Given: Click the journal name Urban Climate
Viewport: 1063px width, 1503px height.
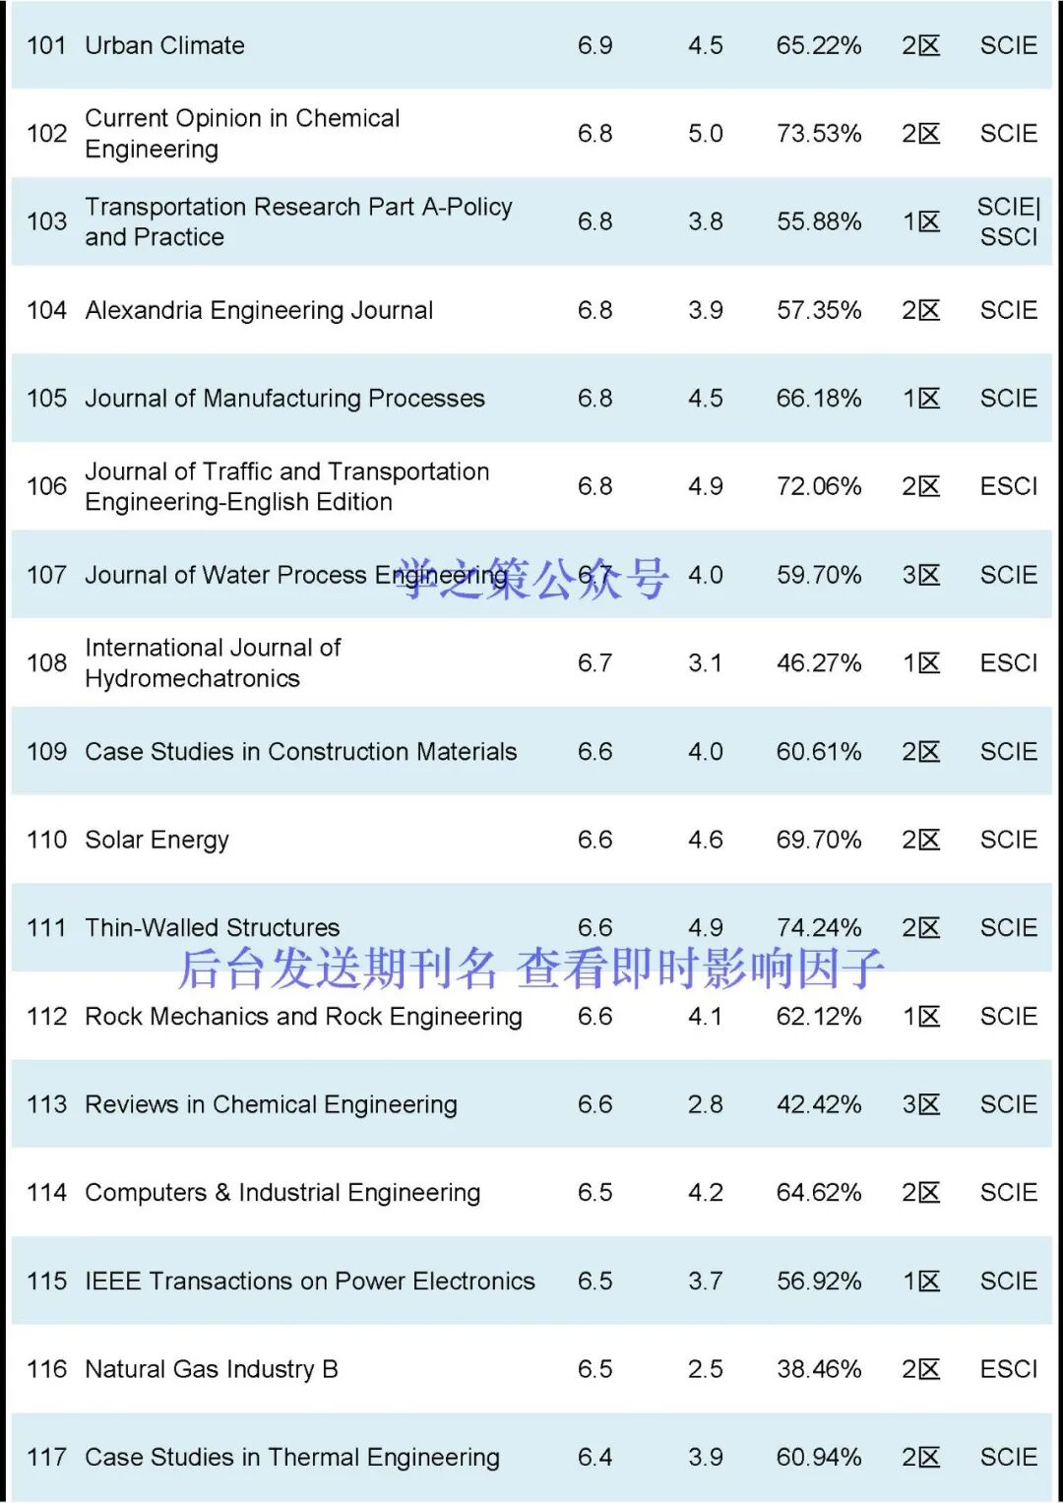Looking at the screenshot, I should point(164,45).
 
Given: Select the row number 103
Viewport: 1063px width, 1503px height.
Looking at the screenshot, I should point(46,221).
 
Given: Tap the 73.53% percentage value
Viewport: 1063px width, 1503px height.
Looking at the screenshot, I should point(818,133).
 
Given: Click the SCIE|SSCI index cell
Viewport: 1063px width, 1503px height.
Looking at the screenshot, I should point(1008,221).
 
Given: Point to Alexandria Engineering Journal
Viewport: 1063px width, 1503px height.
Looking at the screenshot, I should point(259,310).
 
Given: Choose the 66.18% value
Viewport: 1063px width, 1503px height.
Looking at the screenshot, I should point(818,398).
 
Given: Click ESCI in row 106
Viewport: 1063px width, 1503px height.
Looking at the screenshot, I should point(1008,486).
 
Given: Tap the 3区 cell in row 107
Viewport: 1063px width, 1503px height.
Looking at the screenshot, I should point(920,575).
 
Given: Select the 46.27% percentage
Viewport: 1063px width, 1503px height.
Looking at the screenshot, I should point(818,662).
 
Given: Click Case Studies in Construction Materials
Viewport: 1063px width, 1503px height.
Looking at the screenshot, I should point(300,751).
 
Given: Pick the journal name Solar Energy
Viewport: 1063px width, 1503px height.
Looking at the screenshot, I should point(156,840).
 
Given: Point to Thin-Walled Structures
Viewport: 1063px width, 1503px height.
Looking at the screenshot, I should point(212,927).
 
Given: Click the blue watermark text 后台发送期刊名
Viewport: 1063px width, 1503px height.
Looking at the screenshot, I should point(338,969).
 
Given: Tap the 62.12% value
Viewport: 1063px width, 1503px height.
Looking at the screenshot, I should point(818,1016).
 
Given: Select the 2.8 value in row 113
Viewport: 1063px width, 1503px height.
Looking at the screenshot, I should point(705,1104).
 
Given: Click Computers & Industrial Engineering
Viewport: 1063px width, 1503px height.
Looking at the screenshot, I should point(282,1192).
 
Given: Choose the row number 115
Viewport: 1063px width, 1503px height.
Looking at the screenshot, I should point(46,1281).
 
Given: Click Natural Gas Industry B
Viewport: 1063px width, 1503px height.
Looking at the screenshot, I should point(212,1369).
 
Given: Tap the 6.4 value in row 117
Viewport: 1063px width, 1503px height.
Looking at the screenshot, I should point(594,1457).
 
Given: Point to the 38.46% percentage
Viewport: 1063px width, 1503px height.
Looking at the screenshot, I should point(818,1369).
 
